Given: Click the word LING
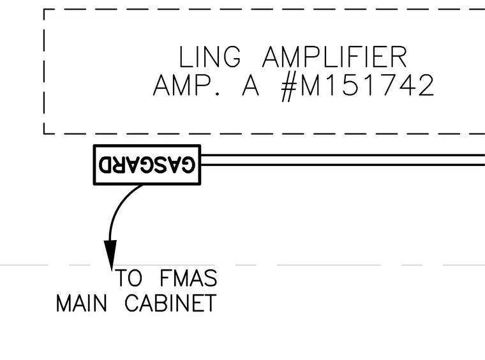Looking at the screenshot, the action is point(210,57).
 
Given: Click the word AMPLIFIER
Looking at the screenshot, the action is point(334,57).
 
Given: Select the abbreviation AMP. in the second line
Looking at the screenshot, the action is point(186,86).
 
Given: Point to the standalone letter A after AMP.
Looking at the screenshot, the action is point(250,86).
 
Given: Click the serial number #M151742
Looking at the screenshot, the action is point(357,87).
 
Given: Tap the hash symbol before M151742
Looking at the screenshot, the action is point(289,87).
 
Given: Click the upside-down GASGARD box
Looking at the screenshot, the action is point(147,165).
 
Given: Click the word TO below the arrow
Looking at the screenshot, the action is point(129,278).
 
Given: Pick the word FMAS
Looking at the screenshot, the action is point(188,278).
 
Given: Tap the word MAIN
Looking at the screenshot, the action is point(82,303).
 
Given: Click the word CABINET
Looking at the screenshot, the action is point(170,303).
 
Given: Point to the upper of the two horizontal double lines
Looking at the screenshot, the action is point(343,155).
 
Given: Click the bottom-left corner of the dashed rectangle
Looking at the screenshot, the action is point(44,133).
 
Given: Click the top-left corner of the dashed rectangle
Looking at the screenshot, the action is point(44,10).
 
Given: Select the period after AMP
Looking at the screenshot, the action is point(218,94).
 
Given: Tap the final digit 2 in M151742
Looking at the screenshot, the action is point(426,86).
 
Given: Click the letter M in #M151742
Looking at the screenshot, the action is point(310,86).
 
